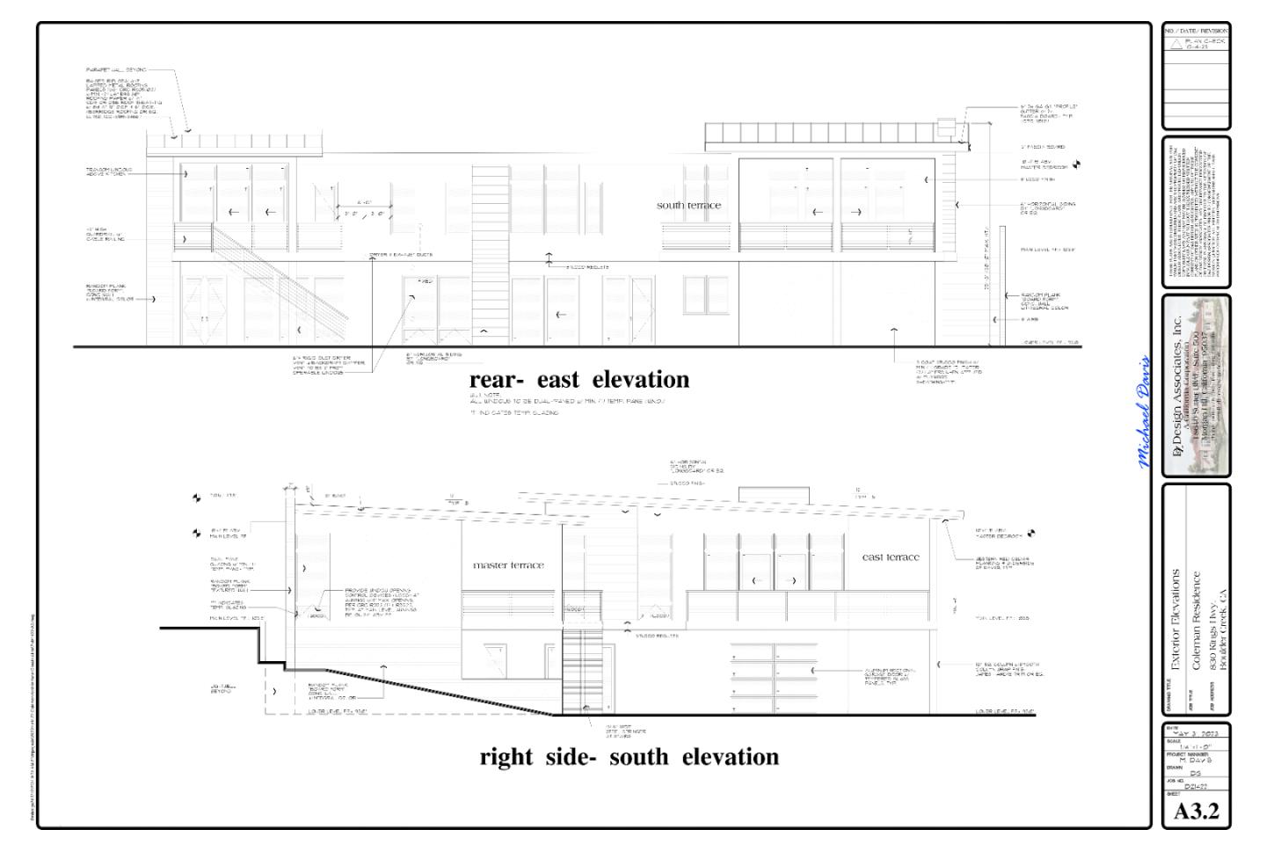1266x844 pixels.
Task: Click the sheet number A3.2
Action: pyautogui.click(x=1197, y=811)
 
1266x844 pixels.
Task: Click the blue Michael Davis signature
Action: pyautogui.click(x=1144, y=412)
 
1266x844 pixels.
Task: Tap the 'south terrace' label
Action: pyautogui.click(x=688, y=206)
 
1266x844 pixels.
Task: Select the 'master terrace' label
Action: pyautogui.click(x=508, y=565)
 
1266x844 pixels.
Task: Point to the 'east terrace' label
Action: pyautogui.click(x=891, y=557)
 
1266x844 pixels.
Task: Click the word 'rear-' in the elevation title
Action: pyautogui.click(x=498, y=380)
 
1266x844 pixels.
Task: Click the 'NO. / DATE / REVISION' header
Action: pyautogui.click(x=1196, y=31)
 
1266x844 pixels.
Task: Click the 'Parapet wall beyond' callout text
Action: pyautogui.click(x=116, y=69)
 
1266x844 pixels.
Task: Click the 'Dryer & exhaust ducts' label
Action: pyautogui.click(x=400, y=255)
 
